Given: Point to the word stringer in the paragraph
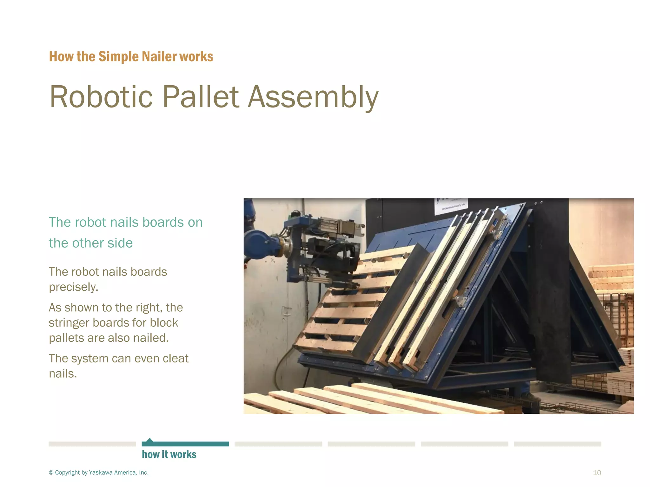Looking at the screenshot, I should [x=69, y=323].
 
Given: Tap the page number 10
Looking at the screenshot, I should [x=597, y=473].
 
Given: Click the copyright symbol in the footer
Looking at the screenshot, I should [x=51, y=473].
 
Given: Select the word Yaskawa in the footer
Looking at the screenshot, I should [x=100, y=473].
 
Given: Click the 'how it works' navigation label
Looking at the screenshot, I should [x=169, y=454].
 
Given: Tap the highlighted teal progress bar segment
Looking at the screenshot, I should [x=185, y=444].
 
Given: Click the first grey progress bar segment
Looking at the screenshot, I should [x=92, y=444].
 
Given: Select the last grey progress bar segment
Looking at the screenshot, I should [x=557, y=444].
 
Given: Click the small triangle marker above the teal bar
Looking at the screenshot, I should [x=150, y=440].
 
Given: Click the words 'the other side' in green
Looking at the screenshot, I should [x=90, y=243].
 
